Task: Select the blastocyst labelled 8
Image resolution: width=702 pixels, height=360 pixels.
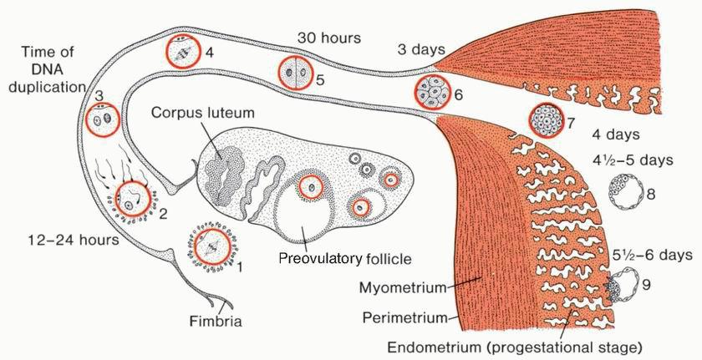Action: tap(625, 192)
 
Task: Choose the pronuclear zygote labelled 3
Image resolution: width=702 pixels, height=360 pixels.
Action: tap(105, 120)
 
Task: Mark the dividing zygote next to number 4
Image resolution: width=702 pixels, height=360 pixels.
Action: tap(183, 51)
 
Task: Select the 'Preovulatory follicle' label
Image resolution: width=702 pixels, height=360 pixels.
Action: tap(345, 258)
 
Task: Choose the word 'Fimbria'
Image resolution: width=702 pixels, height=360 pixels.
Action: tap(216, 321)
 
